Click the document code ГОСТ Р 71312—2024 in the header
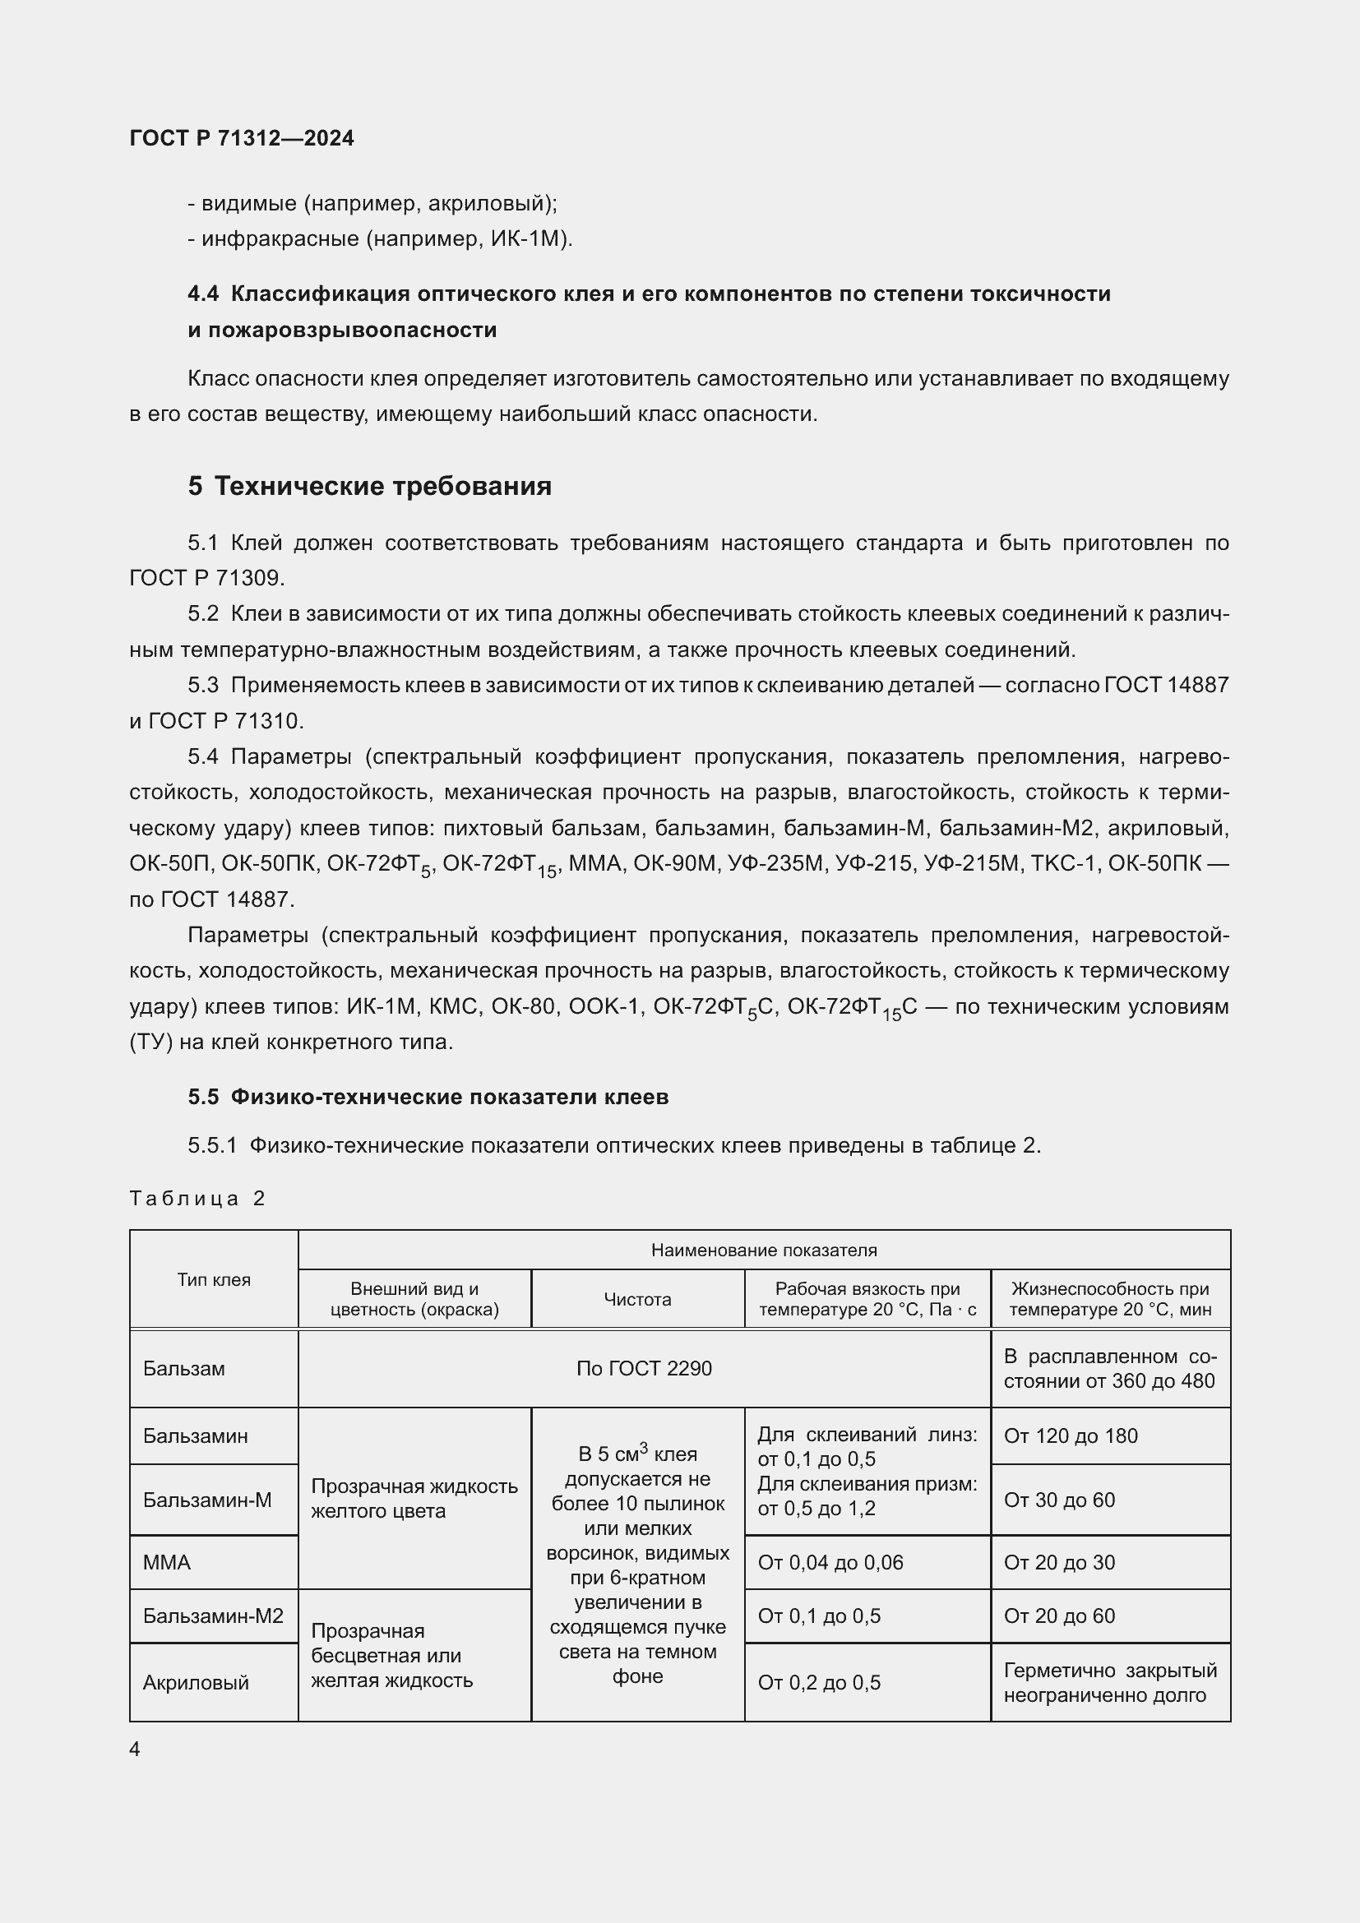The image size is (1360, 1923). pos(241,138)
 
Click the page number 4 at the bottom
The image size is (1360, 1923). pos(135,1749)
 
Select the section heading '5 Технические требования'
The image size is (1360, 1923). pos(369,486)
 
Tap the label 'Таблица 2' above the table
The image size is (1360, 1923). pos(197,1199)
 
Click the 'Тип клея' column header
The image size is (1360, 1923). pos(214,1279)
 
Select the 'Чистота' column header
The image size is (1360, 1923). pos(637,1299)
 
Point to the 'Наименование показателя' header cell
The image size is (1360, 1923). pos(764,1250)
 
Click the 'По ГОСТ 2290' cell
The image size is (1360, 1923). pos(643,1369)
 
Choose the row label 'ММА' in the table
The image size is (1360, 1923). pos(167,1562)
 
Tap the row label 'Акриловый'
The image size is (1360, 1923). pos(195,1683)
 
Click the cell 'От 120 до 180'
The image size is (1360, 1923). pos(1071,1435)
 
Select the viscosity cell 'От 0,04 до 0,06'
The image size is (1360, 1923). pos(830,1562)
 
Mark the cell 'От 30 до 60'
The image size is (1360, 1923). pos(1058,1500)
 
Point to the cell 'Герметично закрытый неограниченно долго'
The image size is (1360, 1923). pos(1109,1683)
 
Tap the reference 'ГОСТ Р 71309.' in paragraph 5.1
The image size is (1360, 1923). pos(207,578)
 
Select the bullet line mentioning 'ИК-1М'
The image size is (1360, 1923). pos(380,238)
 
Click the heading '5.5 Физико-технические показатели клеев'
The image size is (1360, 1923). pos(428,1098)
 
